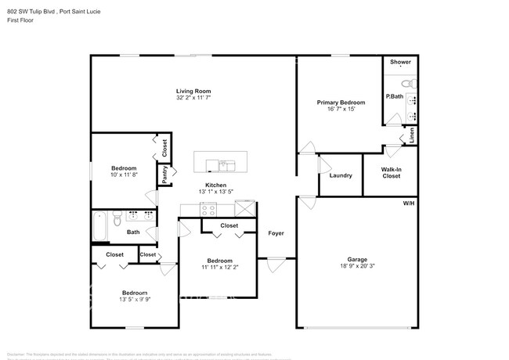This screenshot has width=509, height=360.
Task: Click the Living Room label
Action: (x=193, y=92)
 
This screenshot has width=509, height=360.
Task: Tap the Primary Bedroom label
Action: (x=340, y=103)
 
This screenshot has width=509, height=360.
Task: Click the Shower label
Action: (x=400, y=62)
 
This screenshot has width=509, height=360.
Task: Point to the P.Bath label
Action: (x=394, y=96)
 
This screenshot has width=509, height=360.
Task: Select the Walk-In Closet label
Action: (x=391, y=172)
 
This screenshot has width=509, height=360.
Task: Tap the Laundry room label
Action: (x=341, y=175)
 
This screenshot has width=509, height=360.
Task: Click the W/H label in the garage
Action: (x=408, y=203)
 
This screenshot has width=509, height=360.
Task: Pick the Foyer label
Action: (x=276, y=233)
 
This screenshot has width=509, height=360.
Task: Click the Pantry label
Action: (x=165, y=175)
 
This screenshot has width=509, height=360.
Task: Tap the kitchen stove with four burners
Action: (x=208, y=208)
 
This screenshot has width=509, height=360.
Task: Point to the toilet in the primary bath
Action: (x=406, y=83)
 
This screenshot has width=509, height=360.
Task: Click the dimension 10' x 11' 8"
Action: (x=124, y=175)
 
